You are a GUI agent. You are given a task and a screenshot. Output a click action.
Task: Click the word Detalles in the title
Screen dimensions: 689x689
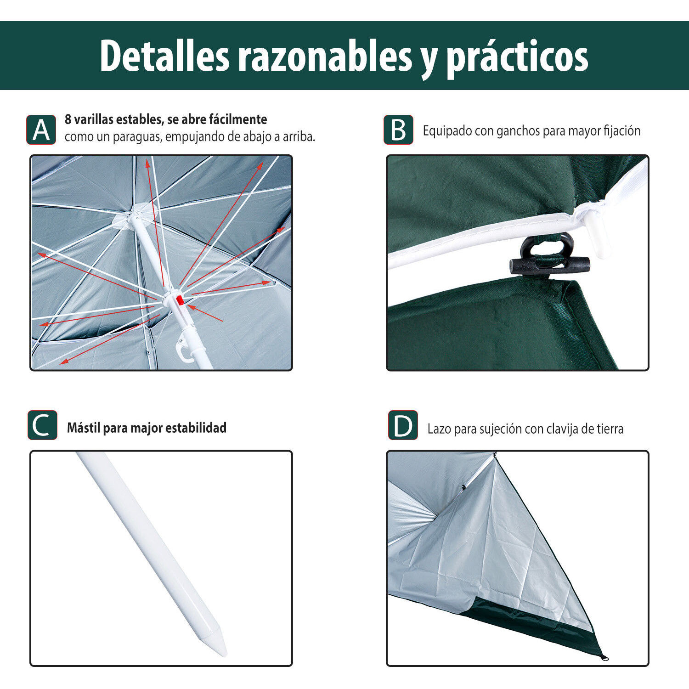pos(164,56)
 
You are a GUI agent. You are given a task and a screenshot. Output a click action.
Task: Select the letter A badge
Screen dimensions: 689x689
pos(41,130)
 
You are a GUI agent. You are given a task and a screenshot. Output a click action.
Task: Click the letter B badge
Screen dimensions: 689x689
pos(398,130)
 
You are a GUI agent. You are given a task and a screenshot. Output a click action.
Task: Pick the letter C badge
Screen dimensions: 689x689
pos(42,425)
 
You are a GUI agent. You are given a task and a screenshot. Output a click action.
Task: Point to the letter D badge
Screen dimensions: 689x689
pos(403,425)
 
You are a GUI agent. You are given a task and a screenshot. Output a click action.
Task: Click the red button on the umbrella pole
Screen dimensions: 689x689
pos(180,300)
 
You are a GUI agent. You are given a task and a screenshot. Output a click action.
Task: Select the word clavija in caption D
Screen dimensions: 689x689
pos(562,429)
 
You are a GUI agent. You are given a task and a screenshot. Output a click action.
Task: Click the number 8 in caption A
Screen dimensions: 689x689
pos(68,119)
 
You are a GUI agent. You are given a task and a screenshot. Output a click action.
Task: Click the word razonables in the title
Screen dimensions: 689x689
pos(325,56)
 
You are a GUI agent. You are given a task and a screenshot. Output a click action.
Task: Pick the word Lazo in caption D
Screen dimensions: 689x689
pos(439,429)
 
